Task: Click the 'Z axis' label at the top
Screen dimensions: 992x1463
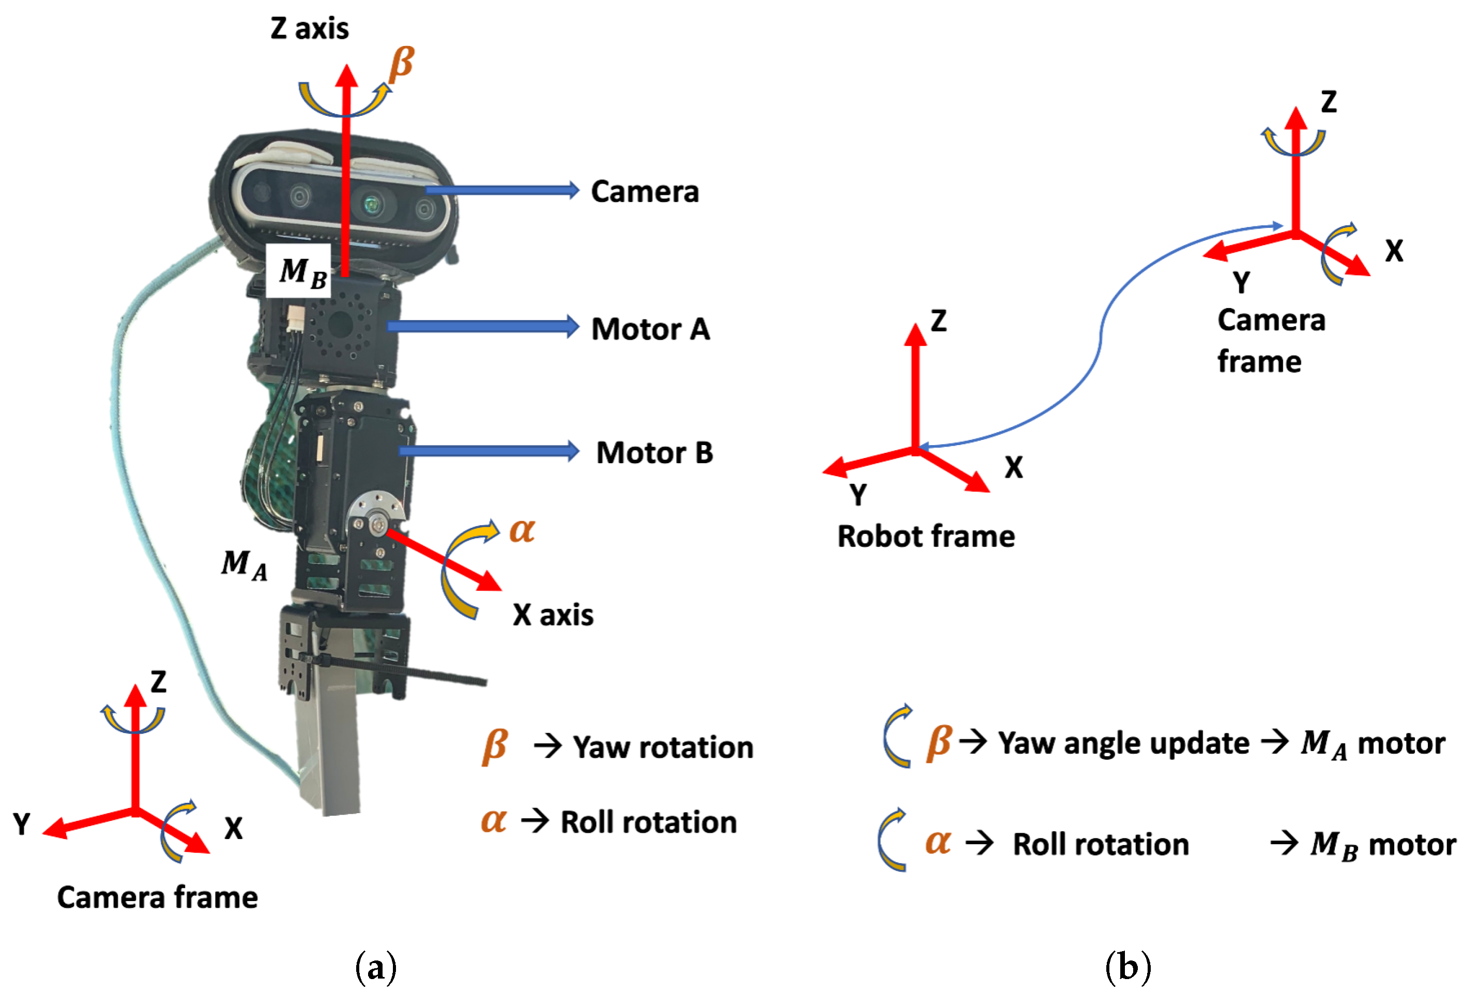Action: tap(309, 29)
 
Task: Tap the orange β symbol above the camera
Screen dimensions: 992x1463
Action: tap(401, 64)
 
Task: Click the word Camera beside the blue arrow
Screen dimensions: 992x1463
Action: tap(645, 191)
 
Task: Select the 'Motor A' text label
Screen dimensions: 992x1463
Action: tap(650, 329)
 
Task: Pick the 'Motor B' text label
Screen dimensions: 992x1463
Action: tap(654, 452)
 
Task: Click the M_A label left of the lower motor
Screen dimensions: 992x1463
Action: tap(244, 564)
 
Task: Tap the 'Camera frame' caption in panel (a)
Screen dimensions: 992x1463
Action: tap(157, 897)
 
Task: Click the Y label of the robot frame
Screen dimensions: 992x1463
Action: tap(858, 495)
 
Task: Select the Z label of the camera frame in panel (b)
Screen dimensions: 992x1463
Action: tap(1328, 102)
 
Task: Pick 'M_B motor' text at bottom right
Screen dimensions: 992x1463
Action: tap(1382, 844)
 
